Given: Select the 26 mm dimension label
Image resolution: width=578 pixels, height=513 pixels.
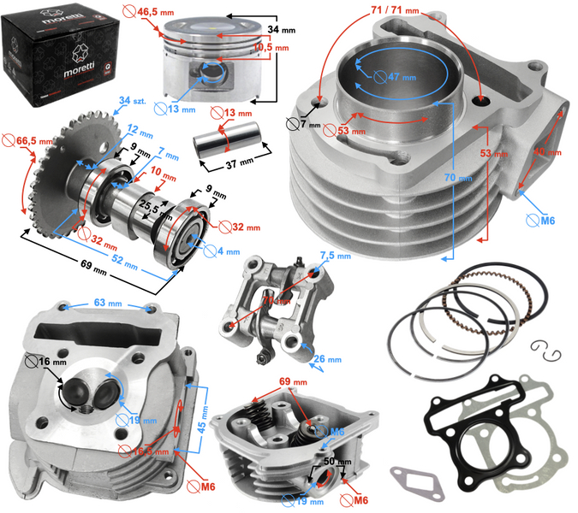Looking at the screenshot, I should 326,360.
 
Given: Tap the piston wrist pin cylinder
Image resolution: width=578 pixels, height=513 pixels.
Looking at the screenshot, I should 221,137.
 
